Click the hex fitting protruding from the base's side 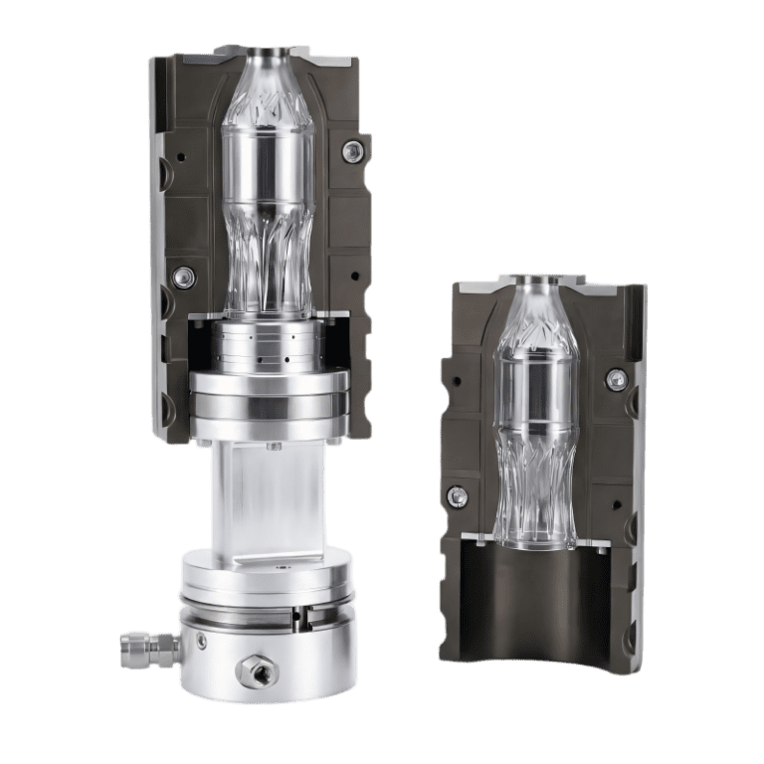tap(139, 647)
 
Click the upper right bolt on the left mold tap(351, 151)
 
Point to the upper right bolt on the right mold tap(616, 379)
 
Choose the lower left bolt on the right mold tap(457, 496)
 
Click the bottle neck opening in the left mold tap(269, 55)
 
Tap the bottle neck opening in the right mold tap(535, 282)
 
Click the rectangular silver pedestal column tap(267, 497)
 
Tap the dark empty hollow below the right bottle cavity tap(537, 607)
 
